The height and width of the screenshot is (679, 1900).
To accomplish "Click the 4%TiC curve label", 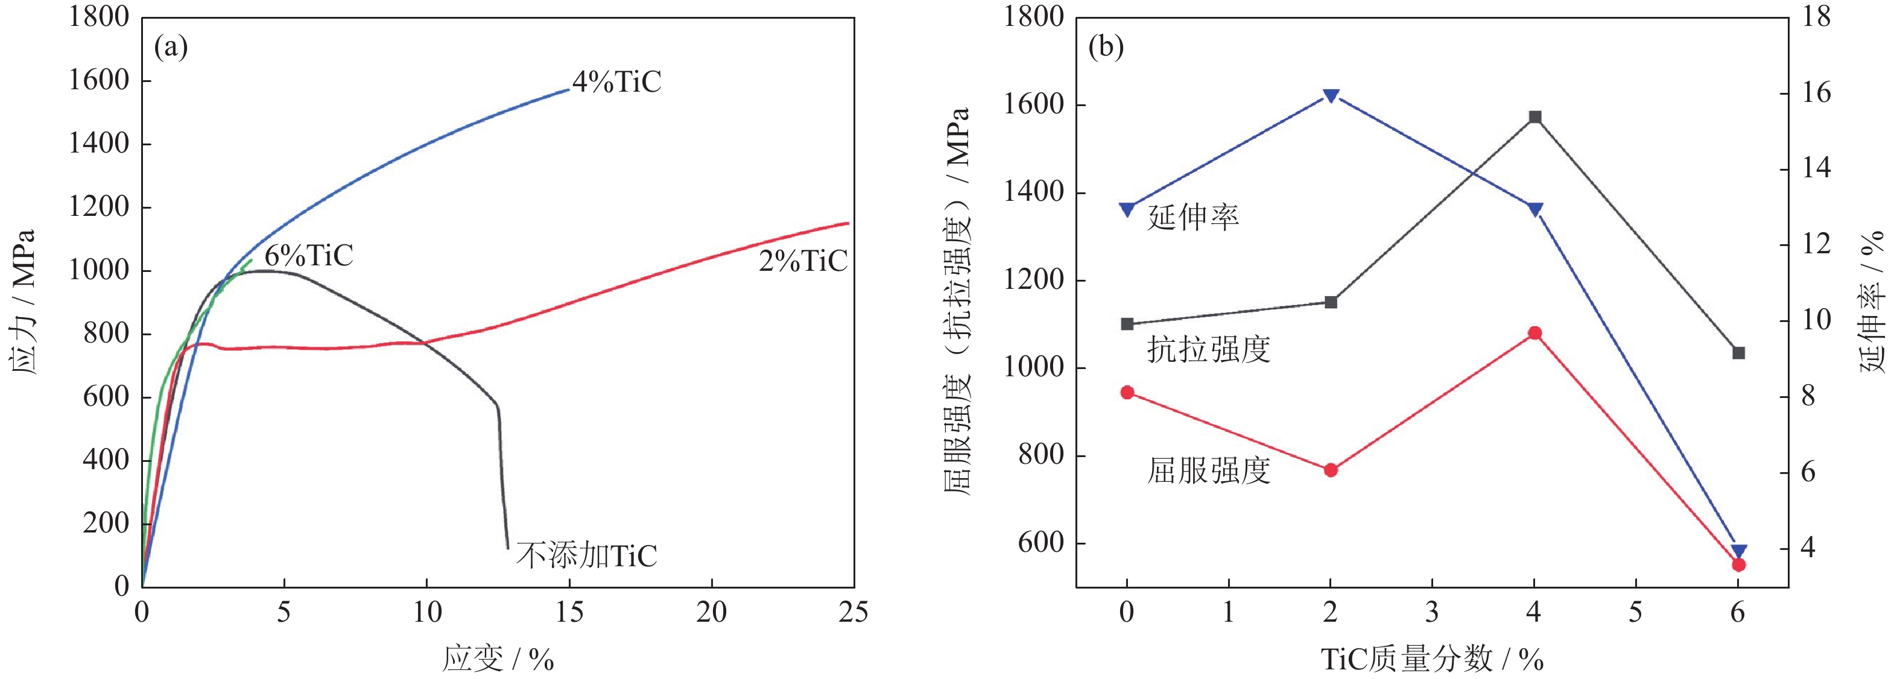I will [616, 82].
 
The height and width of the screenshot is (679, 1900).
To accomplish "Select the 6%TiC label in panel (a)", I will [309, 256].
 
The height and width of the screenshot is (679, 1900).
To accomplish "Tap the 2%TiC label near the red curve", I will [803, 261].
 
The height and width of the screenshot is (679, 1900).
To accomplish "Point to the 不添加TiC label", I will [586, 555].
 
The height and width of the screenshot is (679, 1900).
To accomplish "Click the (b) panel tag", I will [1106, 47].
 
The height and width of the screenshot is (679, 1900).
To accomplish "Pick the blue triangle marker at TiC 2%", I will [1331, 96].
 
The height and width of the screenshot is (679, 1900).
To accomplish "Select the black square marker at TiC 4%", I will [1535, 117].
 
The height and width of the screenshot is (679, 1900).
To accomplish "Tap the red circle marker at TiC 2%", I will [1331, 470].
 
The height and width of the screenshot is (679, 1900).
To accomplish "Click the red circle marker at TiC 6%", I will [1738, 564].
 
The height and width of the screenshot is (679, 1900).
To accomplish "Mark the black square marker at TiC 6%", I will [1738, 353].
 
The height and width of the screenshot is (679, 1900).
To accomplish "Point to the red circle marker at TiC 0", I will [1127, 392].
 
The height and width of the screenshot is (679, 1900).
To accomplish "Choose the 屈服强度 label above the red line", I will [1208, 470].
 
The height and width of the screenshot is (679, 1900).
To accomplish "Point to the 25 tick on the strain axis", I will [853, 613].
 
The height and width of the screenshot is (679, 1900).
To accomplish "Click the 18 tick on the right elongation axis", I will [1817, 16].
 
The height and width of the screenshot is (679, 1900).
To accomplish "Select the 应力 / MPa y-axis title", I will [24, 302].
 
